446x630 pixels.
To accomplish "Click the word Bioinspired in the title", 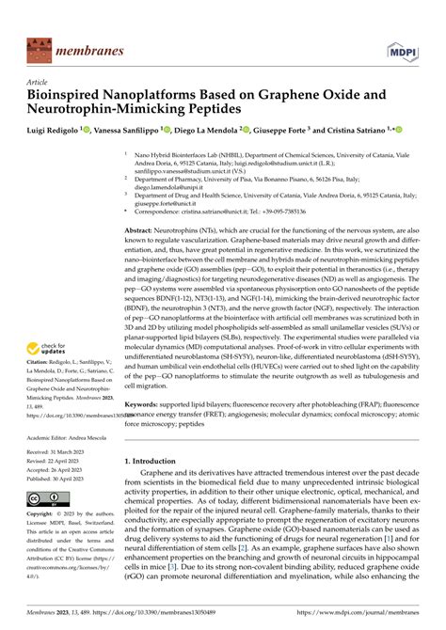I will (68, 95).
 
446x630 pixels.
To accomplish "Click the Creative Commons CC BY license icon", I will (45, 497).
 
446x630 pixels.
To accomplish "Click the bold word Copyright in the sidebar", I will (47, 513).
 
